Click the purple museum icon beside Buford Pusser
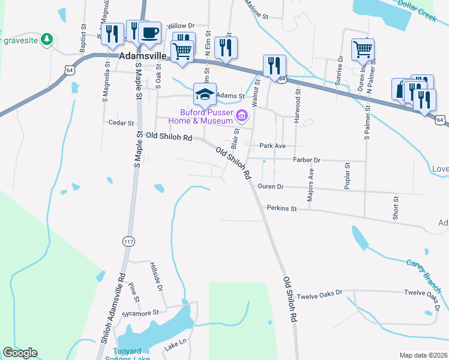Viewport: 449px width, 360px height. [x=242, y=115]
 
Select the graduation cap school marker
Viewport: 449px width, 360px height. [x=205, y=94]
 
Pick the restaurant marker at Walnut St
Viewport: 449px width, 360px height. [x=274, y=66]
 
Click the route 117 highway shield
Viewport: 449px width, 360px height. [x=128, y=241]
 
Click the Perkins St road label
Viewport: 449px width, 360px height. [x=282, y=208]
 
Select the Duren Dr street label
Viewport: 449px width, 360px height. [x=270, y=187]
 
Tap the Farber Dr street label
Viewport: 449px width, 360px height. [x=307, y=160]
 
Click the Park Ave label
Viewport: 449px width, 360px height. [x=272, y=146]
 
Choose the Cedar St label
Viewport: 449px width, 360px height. [x=122, y=122]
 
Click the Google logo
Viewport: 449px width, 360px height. [x=20, y=353]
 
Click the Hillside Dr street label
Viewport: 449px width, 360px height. [x=157, y=277]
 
